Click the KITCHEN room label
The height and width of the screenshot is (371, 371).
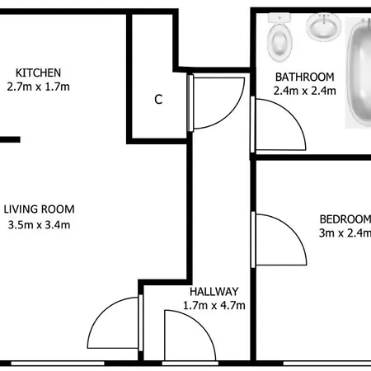38,73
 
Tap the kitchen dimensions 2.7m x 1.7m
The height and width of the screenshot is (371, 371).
38,87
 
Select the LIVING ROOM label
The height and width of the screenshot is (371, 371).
39,209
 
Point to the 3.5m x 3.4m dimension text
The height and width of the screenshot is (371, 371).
39,225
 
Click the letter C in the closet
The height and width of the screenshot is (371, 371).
158,99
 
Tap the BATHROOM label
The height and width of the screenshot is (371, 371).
305,77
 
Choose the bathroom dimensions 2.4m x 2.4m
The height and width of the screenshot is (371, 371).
305,91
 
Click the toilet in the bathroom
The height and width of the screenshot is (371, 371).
279,37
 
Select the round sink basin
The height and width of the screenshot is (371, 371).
324,27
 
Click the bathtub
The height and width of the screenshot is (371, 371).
359,73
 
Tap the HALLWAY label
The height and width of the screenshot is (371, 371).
214,291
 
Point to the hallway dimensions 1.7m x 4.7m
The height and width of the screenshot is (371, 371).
214,305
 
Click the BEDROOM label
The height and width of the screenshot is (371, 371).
345,219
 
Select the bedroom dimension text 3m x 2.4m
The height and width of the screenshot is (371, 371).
345,233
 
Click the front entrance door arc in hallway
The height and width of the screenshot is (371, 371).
201,326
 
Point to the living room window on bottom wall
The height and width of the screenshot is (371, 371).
58,364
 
